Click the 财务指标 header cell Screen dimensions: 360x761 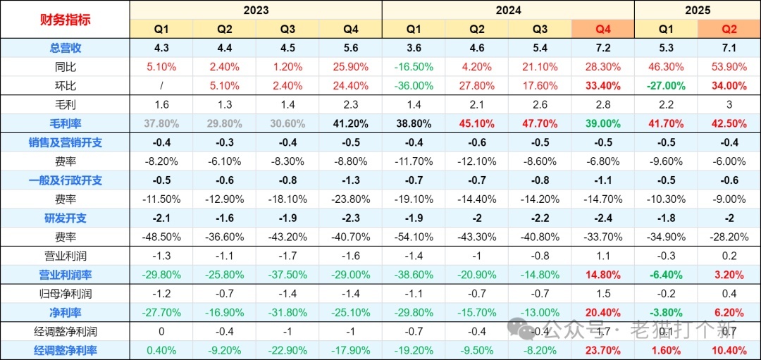[65, 19]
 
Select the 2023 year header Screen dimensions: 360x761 [256, 10]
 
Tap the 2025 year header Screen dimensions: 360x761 [698, 10]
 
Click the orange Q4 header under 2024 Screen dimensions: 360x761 [603, 29]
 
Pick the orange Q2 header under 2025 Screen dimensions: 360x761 [729, 29]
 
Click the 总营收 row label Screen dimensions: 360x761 [65, 48]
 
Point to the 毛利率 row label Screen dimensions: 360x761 [65, 123]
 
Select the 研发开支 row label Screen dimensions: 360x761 [65, 218]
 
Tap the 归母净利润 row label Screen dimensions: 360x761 [65, 293]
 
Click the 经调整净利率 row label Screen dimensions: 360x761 [65, 350]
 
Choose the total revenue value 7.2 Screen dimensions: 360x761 [603, 48]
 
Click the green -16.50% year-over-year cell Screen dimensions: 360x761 [414, 67]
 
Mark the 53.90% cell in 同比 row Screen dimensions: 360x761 [729, 67]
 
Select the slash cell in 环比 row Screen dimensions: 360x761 [161, 85]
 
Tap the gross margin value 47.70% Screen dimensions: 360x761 [540, 123]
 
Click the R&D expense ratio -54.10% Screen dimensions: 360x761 [414, 237]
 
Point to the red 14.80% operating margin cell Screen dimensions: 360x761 [603, 274]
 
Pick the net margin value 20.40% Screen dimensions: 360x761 [603, 312]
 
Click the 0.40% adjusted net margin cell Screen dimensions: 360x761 [161, 350]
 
